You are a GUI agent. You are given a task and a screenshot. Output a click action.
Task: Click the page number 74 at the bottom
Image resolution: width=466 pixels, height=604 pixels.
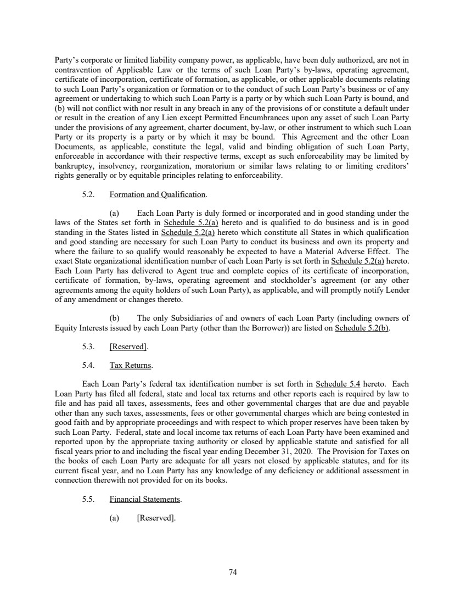pyautogui.click(x=233, y=572)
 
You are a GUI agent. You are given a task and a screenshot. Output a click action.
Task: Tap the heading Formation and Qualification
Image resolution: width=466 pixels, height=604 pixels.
pyautogui.click(x=158, y=194)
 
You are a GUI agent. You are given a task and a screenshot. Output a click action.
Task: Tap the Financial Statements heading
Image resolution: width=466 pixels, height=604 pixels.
pyautogui.click(x=145, y=500)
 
